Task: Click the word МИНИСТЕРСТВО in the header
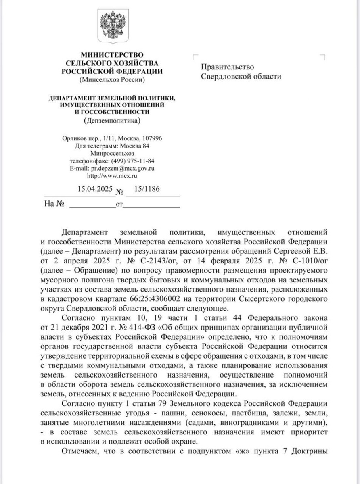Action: pos(113,55)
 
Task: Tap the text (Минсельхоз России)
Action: pos(113,79)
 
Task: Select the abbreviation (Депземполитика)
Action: pos(113,120)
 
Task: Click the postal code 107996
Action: pos(151,138)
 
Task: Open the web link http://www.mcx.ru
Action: pos(113,176)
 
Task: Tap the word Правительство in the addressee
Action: pos(228,67)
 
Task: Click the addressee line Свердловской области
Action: pos(241,76)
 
